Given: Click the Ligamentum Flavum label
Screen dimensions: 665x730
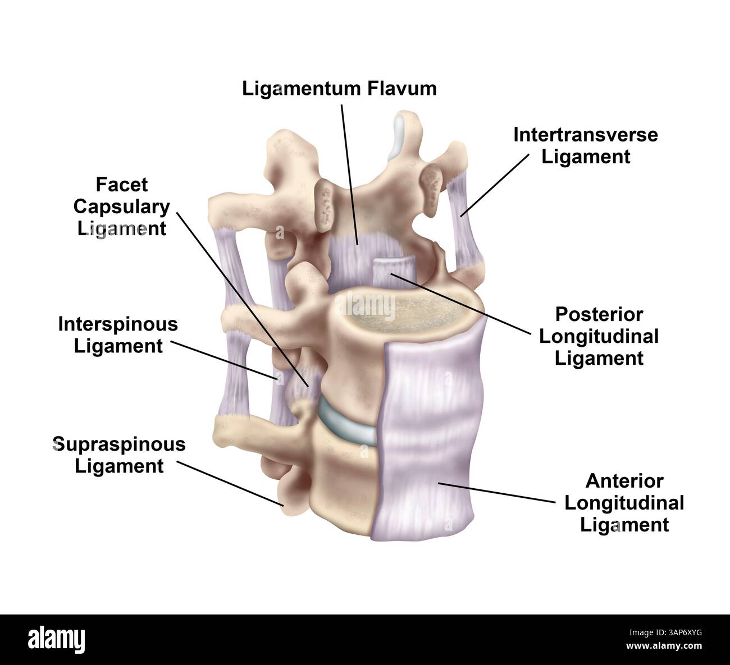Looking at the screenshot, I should pos(339,89).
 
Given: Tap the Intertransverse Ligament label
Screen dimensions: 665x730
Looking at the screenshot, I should pos(586,145).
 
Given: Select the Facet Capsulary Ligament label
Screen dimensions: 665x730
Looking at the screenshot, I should pos(122,207).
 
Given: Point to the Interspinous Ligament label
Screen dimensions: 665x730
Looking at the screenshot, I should pos(118,335).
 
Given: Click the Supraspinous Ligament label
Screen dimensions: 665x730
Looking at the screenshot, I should pos(119,455).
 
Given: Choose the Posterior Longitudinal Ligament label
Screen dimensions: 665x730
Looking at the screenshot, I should pos(599,336).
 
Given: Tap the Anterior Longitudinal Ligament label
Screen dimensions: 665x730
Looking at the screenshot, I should pos(624,503).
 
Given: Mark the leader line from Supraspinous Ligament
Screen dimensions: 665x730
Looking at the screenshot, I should pos(230,483).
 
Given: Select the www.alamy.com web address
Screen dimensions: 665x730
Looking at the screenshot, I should pos(665,646).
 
